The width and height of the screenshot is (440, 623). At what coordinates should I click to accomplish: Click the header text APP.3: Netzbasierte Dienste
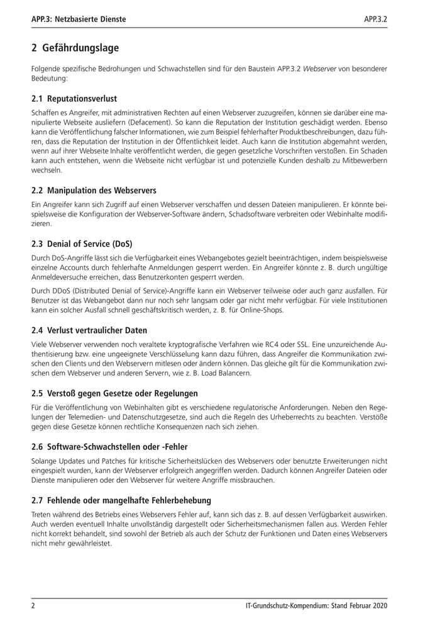click(79, 20)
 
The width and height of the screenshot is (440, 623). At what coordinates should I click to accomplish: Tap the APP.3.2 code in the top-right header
click(375, 20)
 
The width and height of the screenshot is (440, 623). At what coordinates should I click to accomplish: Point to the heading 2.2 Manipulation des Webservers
click(94, 190)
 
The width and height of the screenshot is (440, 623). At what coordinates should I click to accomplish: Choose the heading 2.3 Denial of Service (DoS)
click(82, 244)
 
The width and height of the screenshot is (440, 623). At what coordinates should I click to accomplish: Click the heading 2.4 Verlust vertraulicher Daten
click(89, 330)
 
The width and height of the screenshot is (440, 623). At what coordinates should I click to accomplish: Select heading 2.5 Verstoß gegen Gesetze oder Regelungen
click(114, 394)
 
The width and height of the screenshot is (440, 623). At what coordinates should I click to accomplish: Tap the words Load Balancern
click(226, 374)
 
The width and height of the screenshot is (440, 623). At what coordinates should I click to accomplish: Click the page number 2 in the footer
click(33, 605)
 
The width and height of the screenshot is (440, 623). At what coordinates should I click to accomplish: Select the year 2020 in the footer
click(377, 605)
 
